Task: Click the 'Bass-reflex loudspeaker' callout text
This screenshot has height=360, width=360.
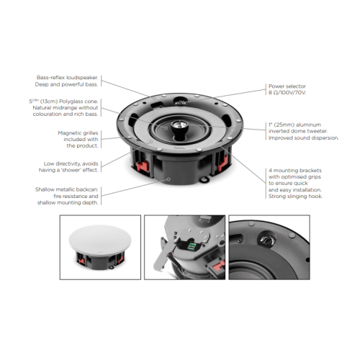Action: coord(66,81)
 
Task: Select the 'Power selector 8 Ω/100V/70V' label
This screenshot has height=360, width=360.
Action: coord(287,89)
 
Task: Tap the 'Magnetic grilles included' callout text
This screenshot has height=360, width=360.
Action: coord(78,139)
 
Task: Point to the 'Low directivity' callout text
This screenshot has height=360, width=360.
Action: coord(68,167)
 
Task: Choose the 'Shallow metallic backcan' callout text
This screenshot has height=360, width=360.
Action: coord(67,196)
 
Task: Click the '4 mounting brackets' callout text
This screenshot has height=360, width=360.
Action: coord(295,183)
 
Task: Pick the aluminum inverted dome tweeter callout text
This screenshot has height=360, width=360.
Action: coord(304,131)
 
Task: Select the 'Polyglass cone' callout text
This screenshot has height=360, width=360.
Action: coord(63,107)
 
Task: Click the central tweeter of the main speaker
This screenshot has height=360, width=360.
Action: coord(179,125)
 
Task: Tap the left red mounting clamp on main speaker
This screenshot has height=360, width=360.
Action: coord(143,166)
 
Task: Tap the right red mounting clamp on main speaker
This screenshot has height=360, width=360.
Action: coord(222,163)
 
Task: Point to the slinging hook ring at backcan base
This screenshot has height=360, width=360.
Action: coord(204,179)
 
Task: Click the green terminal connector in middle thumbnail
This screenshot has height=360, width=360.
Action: coord(192,246)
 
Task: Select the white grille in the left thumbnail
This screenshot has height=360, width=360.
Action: coord(100,238)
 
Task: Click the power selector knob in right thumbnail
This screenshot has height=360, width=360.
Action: coord(266,239)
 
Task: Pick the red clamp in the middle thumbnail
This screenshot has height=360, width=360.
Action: coord(219,266)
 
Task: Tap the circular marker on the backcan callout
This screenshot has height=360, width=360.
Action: coord(168,179)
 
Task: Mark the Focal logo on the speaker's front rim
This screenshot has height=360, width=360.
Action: coord(179,148)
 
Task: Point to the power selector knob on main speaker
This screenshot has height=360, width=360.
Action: coord(179,102)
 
